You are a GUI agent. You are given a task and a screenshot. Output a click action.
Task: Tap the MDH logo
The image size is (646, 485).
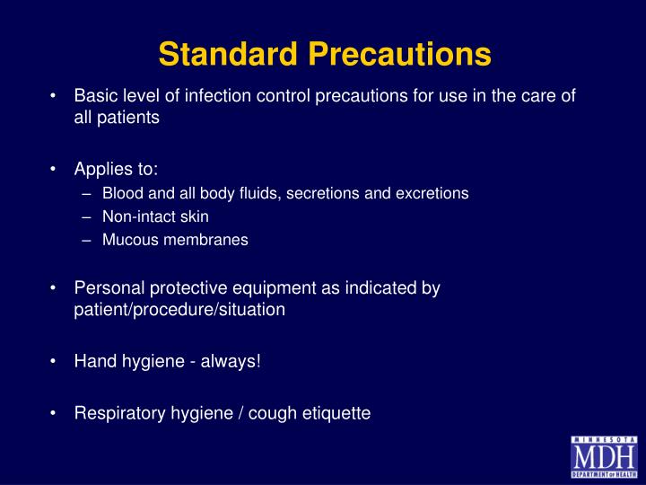[x=603, y=456]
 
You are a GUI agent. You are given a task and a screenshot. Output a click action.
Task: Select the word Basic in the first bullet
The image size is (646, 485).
[x=94, y=96]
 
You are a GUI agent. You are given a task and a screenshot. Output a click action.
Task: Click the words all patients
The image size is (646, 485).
[x=117, y=118]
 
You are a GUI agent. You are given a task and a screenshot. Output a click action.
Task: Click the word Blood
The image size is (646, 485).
[x=120, y=193]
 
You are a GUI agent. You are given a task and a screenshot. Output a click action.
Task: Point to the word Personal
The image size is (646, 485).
[x=107, y=288]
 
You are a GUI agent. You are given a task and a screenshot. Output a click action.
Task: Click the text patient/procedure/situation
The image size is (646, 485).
[x=179, y=310]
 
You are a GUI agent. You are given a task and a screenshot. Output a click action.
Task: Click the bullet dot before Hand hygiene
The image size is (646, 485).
[x=56, y=362]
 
